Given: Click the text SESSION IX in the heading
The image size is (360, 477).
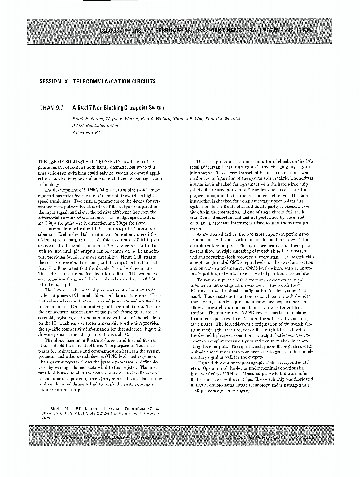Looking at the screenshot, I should [x=56, y=81].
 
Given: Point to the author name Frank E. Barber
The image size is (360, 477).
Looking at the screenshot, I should [x=88, y=118].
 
